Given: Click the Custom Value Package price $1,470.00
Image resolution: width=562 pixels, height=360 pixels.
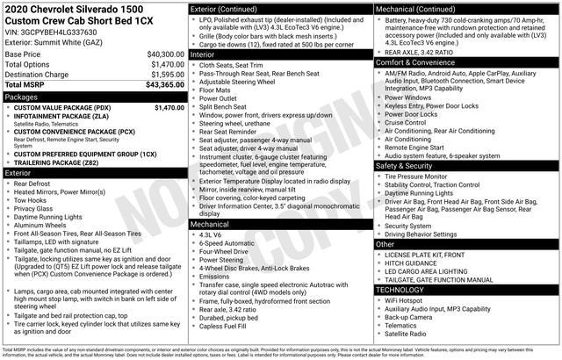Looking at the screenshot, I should [x=168, y=107].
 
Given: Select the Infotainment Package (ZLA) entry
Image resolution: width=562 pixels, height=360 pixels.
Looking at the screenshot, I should [x=61, y=117].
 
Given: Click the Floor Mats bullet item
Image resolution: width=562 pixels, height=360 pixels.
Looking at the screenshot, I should [x=215, y=90].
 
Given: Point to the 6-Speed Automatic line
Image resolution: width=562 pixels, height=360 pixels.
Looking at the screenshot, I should [x=227, y=243].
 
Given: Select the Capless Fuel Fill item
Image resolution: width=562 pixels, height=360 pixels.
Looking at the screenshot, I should [x=224, y=327].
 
